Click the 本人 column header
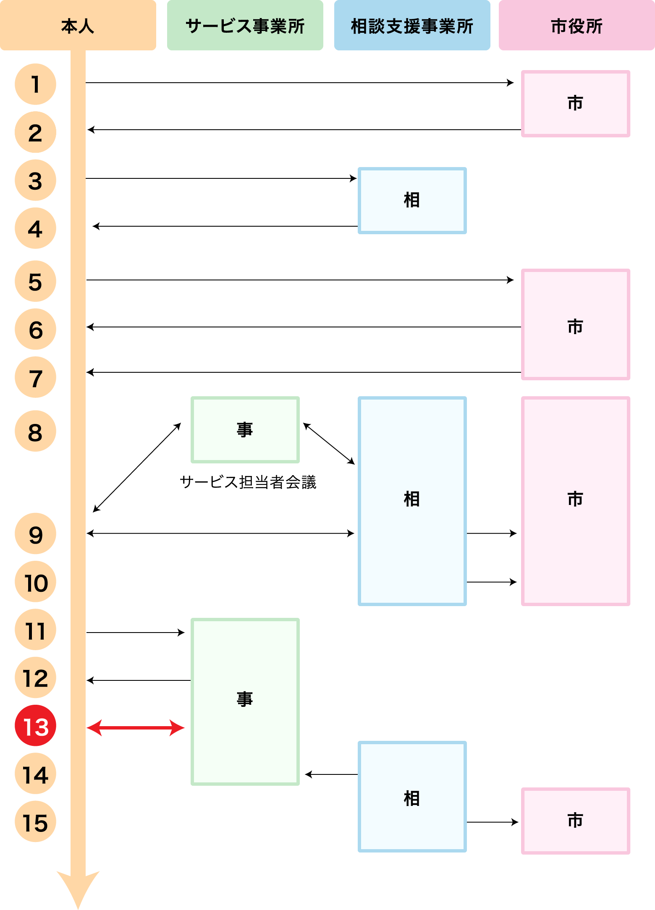click(x=78, y=26)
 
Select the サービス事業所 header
click(x=245, y=26)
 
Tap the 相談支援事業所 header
click(x=412, y=26)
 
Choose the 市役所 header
click(x=576, y=26)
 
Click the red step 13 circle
click(x=36, y=726)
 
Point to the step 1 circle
click(x=36, y=84)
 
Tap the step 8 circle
click(x=36, y=431)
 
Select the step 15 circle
click(x=36, y=821)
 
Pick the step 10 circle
click(x=36, y=582)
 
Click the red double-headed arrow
click(x=136, y=728)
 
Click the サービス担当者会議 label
click(x=248, y=482)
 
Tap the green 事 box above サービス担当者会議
click(x=245, y=430)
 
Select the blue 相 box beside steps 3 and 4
click(x=412, y=201)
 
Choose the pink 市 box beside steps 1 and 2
click(x=575, y=104)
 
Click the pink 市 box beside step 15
click(x=575, y=821)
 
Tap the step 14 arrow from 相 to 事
click(x=331, y=774)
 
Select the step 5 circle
click(x=36, y=281)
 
